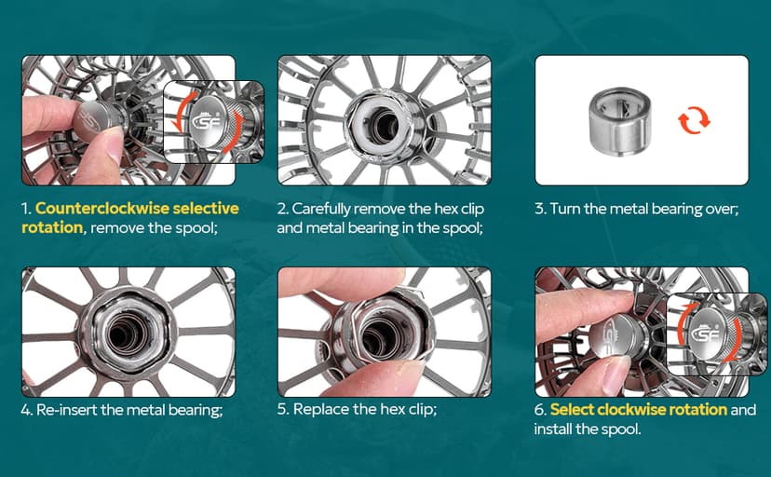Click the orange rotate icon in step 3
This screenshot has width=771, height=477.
point(694,119)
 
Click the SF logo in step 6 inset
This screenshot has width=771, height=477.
point(706,334)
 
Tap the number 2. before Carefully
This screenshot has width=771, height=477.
point(282,209)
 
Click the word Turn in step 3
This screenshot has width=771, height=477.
point(564,209)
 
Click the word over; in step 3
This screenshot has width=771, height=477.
point(723,210)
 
